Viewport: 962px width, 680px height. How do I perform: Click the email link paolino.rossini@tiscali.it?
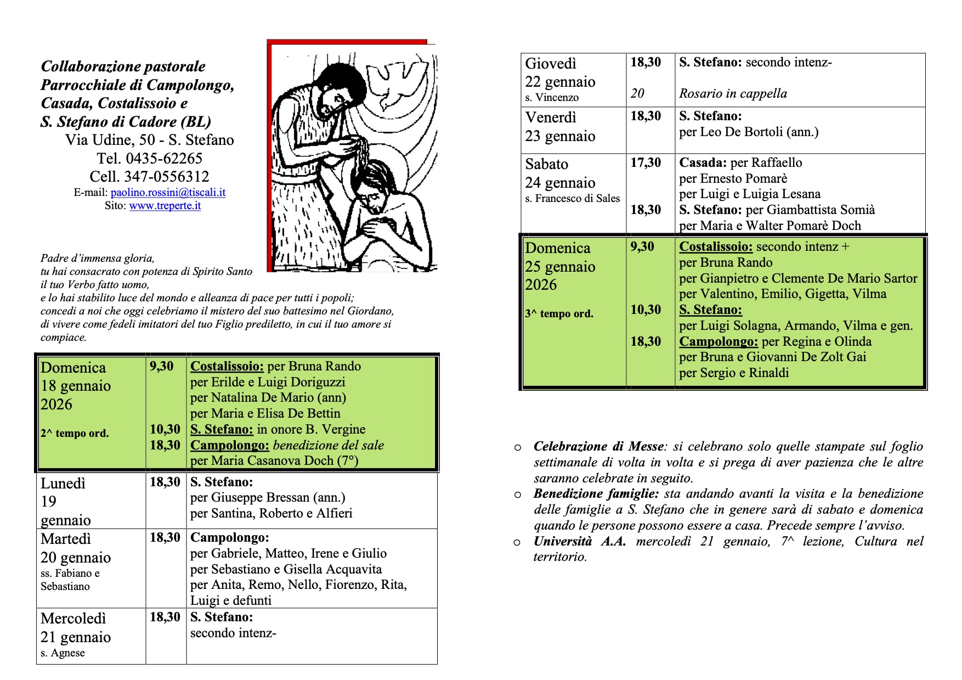pos(168,193)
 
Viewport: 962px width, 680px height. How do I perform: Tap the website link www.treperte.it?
pos(165,206)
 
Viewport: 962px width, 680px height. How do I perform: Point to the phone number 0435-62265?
pos(164,159)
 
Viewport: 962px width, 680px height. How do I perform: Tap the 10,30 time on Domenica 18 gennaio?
pos(165,429)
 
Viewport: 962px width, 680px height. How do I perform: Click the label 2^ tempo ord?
pos(75,433)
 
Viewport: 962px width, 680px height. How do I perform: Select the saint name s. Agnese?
pos(63,653)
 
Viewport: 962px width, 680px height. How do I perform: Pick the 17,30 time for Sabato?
pos(646,163)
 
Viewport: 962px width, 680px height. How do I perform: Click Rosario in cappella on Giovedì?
pos(733,94)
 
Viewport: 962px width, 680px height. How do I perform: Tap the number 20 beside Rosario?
pos(637,94)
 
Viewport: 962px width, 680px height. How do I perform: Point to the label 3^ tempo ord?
pos(559,314)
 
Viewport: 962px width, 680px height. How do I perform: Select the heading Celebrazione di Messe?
pos(599,447)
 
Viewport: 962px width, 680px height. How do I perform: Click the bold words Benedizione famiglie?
pos(596,494)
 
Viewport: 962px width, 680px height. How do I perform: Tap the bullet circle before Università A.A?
pos(517,543)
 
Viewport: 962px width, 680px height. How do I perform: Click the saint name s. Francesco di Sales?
pos(572,199)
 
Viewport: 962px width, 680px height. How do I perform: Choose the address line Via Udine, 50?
pos(149,141)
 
